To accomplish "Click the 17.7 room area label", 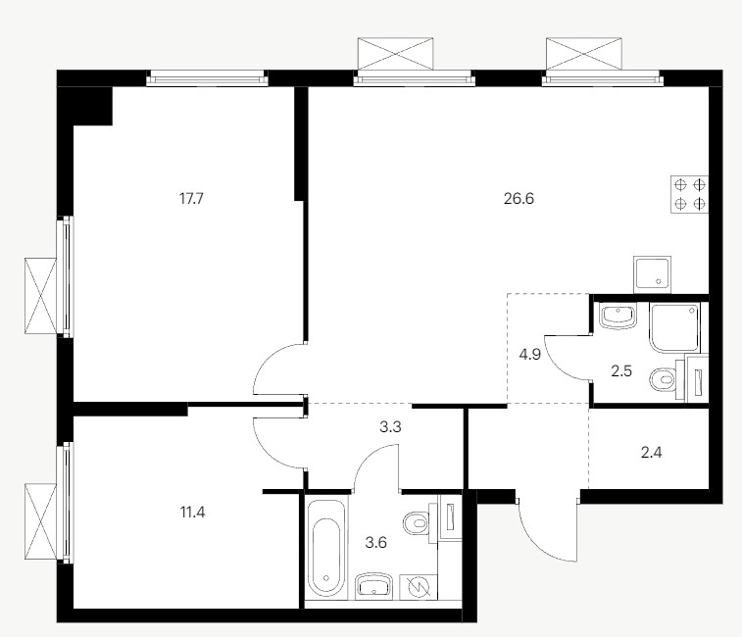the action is (191, 198).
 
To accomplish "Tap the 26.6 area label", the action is (519, 198).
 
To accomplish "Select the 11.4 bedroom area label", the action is (192, 513).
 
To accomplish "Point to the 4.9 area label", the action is (530, 354).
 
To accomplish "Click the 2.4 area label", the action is (651, 453).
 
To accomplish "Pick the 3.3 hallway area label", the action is (390, 427).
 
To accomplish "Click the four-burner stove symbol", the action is (689, 194).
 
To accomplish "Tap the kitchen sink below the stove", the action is (652, 275).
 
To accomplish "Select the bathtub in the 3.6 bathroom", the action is (326, 548).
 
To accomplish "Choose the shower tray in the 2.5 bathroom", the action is (674, 328).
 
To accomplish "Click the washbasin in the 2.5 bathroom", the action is (618, 317).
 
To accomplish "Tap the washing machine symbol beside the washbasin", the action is (419, 587).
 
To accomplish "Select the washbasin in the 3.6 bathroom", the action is (373, 586).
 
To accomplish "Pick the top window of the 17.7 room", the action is (207, 78).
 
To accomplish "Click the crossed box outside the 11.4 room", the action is (41, 521).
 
